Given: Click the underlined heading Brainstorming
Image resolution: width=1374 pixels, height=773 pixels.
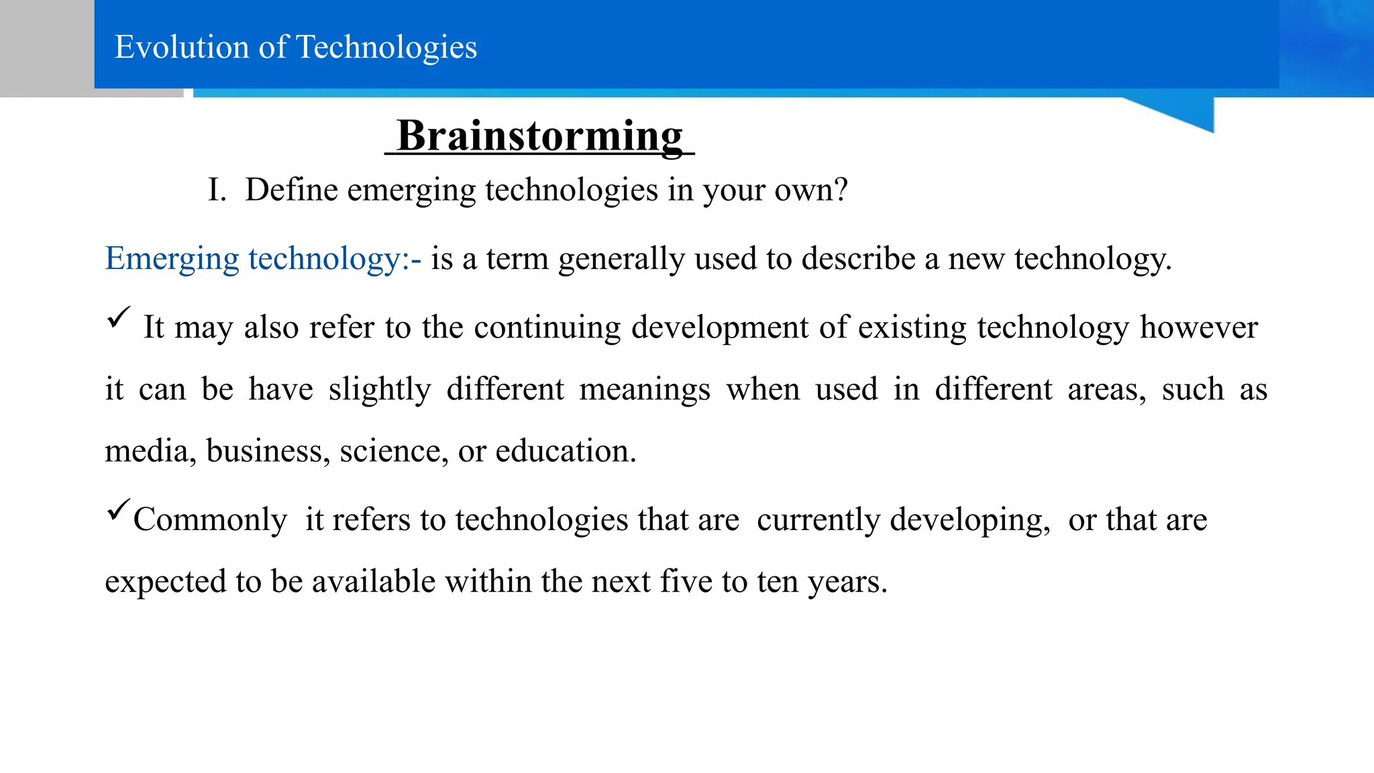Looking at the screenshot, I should (539, 136).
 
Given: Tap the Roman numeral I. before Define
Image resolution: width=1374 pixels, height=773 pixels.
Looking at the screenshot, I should (216, 190).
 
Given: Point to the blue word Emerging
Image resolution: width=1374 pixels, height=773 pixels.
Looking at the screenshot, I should (172, 259).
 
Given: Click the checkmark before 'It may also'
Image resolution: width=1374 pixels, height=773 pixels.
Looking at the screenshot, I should (118, 317).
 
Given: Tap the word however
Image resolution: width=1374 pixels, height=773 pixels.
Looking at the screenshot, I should (1198, 328).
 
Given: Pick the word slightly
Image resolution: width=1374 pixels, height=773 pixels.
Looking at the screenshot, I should (380, 390).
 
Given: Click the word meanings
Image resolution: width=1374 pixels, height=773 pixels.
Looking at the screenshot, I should (644, 390).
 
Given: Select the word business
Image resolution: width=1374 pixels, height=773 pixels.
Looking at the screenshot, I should (268, 451).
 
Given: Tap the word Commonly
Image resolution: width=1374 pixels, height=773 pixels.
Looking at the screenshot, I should (210, 520).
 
